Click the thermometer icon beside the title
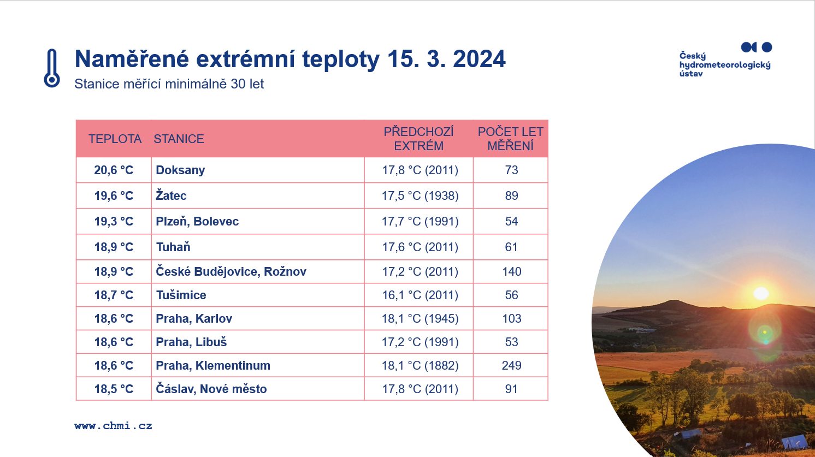click(52, 68)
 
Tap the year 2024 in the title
click(479, 59)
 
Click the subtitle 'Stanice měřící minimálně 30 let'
click(169, 84)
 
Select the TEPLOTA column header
click(115, 139)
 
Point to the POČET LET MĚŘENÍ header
click(510, 139)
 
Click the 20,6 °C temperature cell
click(114, 170)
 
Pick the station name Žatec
click(171, 195)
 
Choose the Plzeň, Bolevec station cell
click(197, 221)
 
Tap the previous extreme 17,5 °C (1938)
click(420, 195)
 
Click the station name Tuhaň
click(173, 247)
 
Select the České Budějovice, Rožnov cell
click(231, 271)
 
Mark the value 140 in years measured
click(511, 271)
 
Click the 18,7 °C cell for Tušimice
click(114, 295)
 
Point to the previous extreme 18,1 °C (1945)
click(420, 318)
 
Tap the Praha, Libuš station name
click(191, 342)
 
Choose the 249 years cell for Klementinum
click(511, 365)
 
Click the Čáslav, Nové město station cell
click(211, 389)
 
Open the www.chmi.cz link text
click(113, 426)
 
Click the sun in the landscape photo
click(761, 293)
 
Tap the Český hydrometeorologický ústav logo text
click(725, 64)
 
